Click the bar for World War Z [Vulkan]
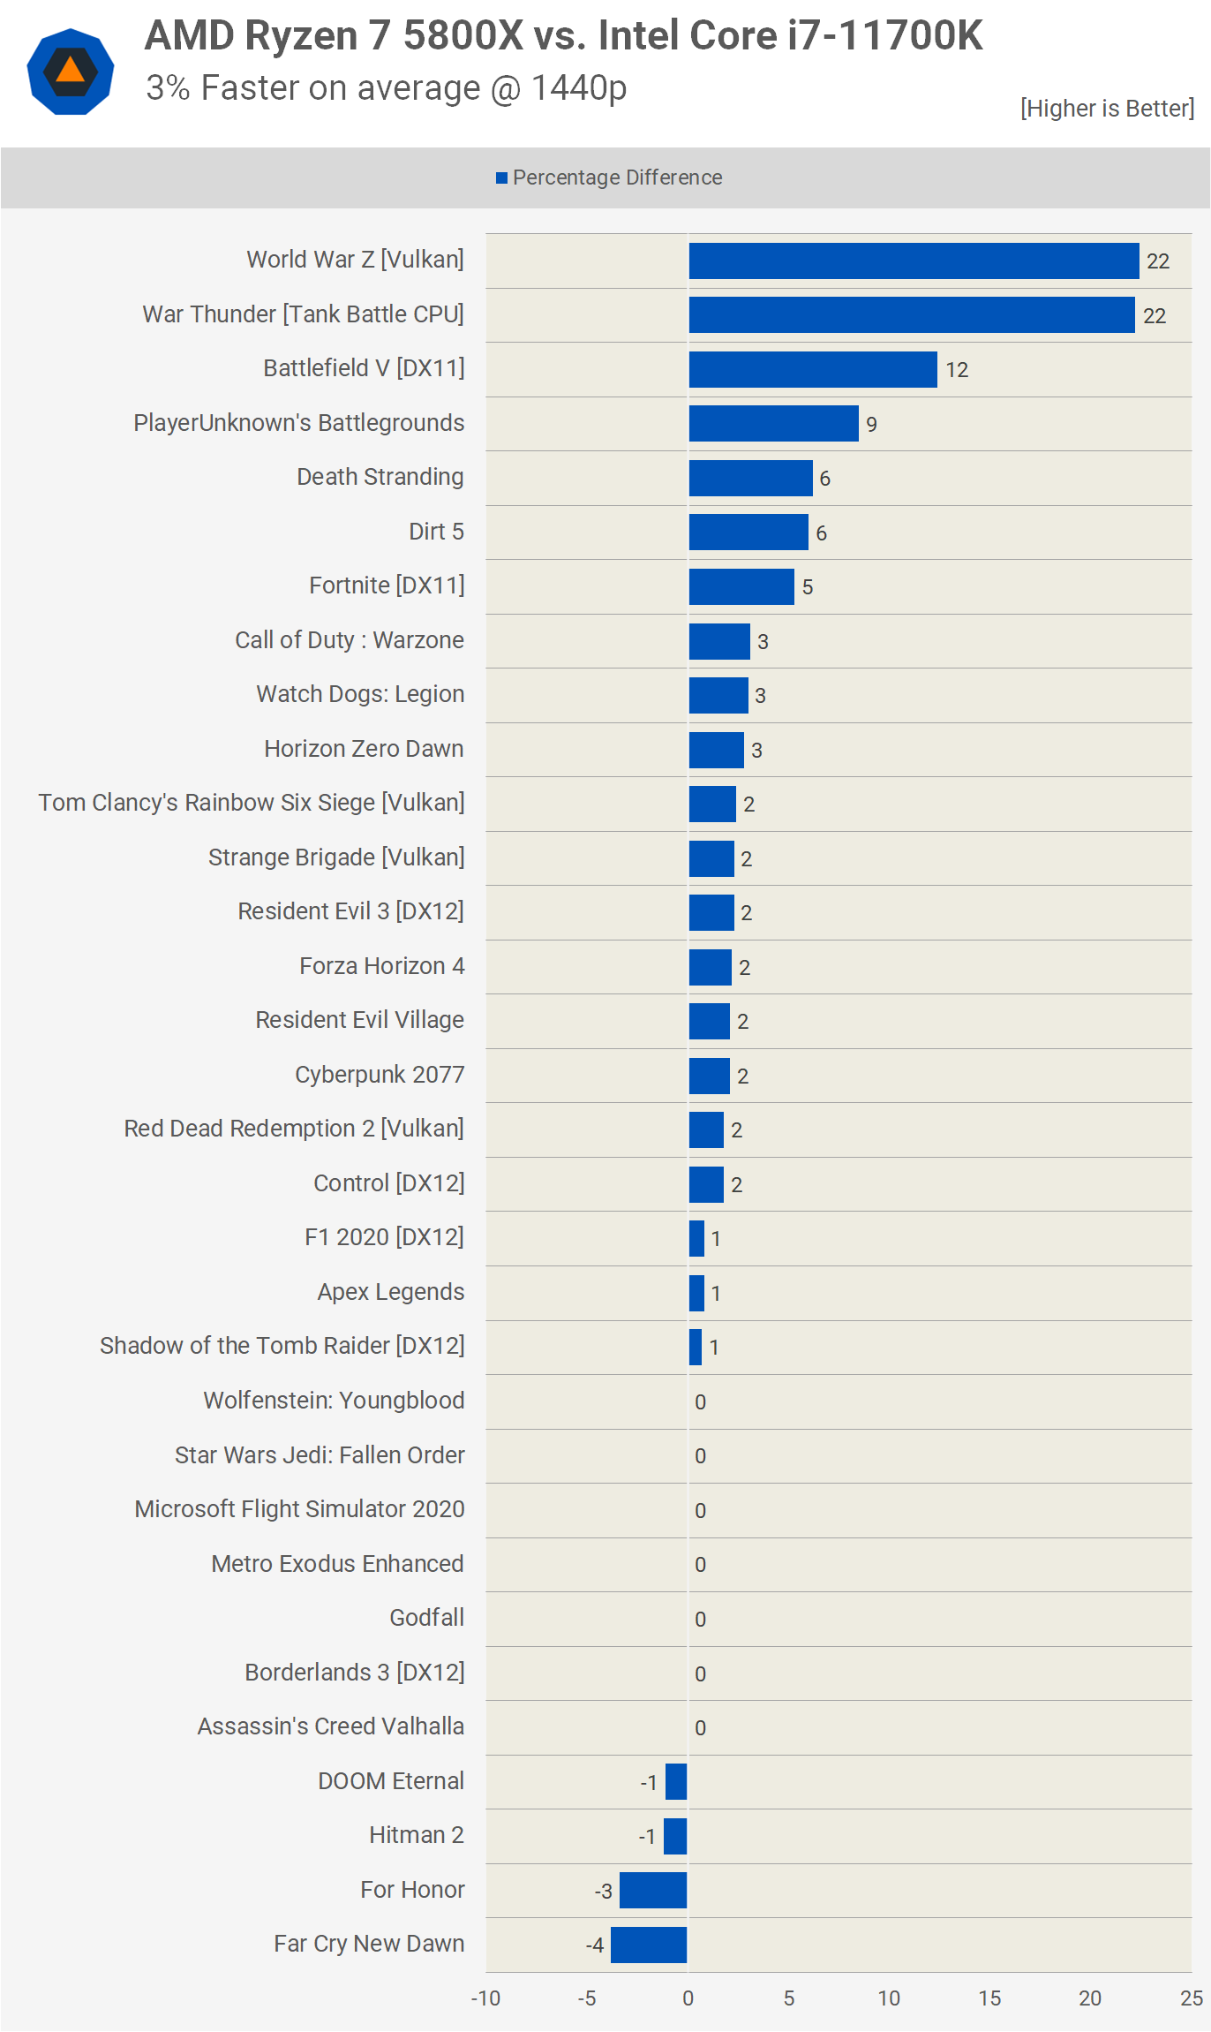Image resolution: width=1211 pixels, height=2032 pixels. pyautogui.click(x=914, y=261)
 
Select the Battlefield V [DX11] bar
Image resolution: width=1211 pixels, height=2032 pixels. pyautogui.click(x=813, y=369)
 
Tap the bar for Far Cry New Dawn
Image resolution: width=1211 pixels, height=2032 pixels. pyautogui.click(x=649, y=1945)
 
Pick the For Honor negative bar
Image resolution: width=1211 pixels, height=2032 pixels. pyautogui.click(x=653, y=1890)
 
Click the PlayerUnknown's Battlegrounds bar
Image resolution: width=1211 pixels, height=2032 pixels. pyautogui.click(x=773, y=424)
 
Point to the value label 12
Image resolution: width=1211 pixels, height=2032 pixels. pyautogui.click(x=957, y=370)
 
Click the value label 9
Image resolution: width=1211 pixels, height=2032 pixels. pyautogui.click(x=871, y=425)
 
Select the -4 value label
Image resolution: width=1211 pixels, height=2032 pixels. pyautogui.click(x=595, y=1945)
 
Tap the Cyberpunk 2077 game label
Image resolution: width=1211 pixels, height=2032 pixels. pyautogui.click(x=380, y=1075)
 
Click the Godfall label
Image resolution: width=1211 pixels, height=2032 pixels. pyautogui.click(x=426, y=1618)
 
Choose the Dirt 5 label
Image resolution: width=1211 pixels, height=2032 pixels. pyautogui.click(x=436, y=532)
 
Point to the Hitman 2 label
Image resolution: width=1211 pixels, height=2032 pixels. pyautogui.click(x=416, y=1835)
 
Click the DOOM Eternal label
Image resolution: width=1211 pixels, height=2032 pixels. pyautogui.click(x=390, y=1781)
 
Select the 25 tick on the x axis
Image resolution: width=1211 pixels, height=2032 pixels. pyautogui.click(x=1191, y=1998)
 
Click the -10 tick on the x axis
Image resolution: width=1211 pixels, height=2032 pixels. pyautogui.click(x=485, y=1998)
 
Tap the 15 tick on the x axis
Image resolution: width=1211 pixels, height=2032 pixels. pyautogui.click(x=989, y=1998)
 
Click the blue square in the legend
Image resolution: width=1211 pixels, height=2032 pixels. pyautogui.click(x=501, y=178)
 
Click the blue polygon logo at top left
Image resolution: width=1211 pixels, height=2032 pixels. pyautogui.click(x=71, y=72)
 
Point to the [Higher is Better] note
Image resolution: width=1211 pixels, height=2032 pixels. pyautogui.click(x=1107, y=109)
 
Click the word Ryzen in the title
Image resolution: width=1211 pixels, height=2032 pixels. pyautogui.click(x=301, y=36)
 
